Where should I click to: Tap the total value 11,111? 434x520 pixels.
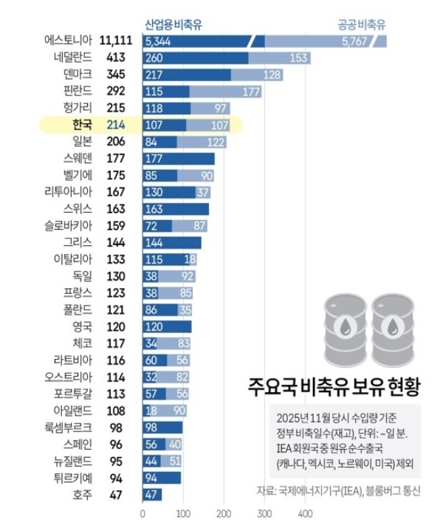tap(114, 40)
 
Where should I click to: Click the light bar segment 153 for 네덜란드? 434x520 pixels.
tap(278, 58)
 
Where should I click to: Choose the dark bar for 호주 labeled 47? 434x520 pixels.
tap(152, 495)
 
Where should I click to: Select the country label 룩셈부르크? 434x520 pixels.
tap(64, 427)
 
